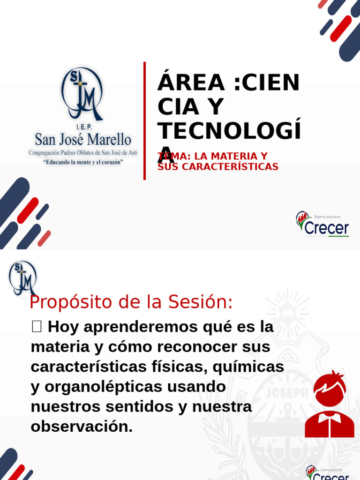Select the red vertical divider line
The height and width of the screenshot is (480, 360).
tap(144, 120)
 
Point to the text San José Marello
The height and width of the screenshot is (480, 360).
tap(83, 139)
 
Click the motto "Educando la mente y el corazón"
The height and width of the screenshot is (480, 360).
tap(83, 162)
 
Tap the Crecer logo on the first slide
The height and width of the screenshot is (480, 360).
tap(322, 224)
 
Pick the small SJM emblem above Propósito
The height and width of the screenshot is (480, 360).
tap(22, 277)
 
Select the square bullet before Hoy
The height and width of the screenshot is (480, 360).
tap(37, 327)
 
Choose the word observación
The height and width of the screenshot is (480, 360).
tap(82, 427)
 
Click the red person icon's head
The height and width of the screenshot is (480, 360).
tap(330, 389)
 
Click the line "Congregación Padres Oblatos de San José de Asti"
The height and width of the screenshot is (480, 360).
tap(83, 153)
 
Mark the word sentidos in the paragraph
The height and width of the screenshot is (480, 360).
tap(136, 407)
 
